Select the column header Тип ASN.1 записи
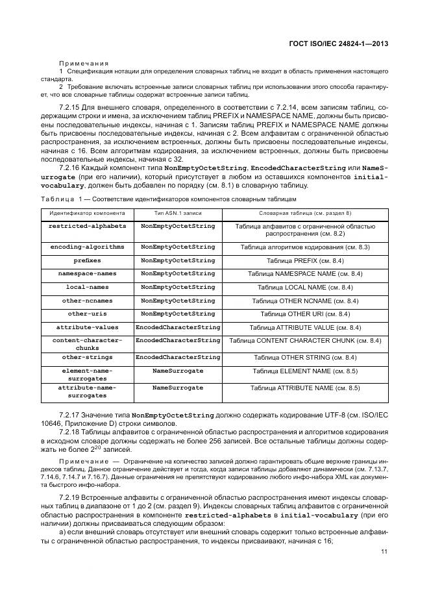coord(178,213)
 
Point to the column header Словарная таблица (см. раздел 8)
coord(305,213)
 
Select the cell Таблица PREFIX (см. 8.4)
coord(305,260)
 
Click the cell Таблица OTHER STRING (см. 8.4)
coord(305,357)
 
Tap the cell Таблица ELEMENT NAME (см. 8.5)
coord(305,371)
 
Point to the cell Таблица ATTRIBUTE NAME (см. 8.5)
coord(305,388)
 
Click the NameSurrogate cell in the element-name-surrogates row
coord(178,371)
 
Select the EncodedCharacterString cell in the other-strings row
coord(178,357)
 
